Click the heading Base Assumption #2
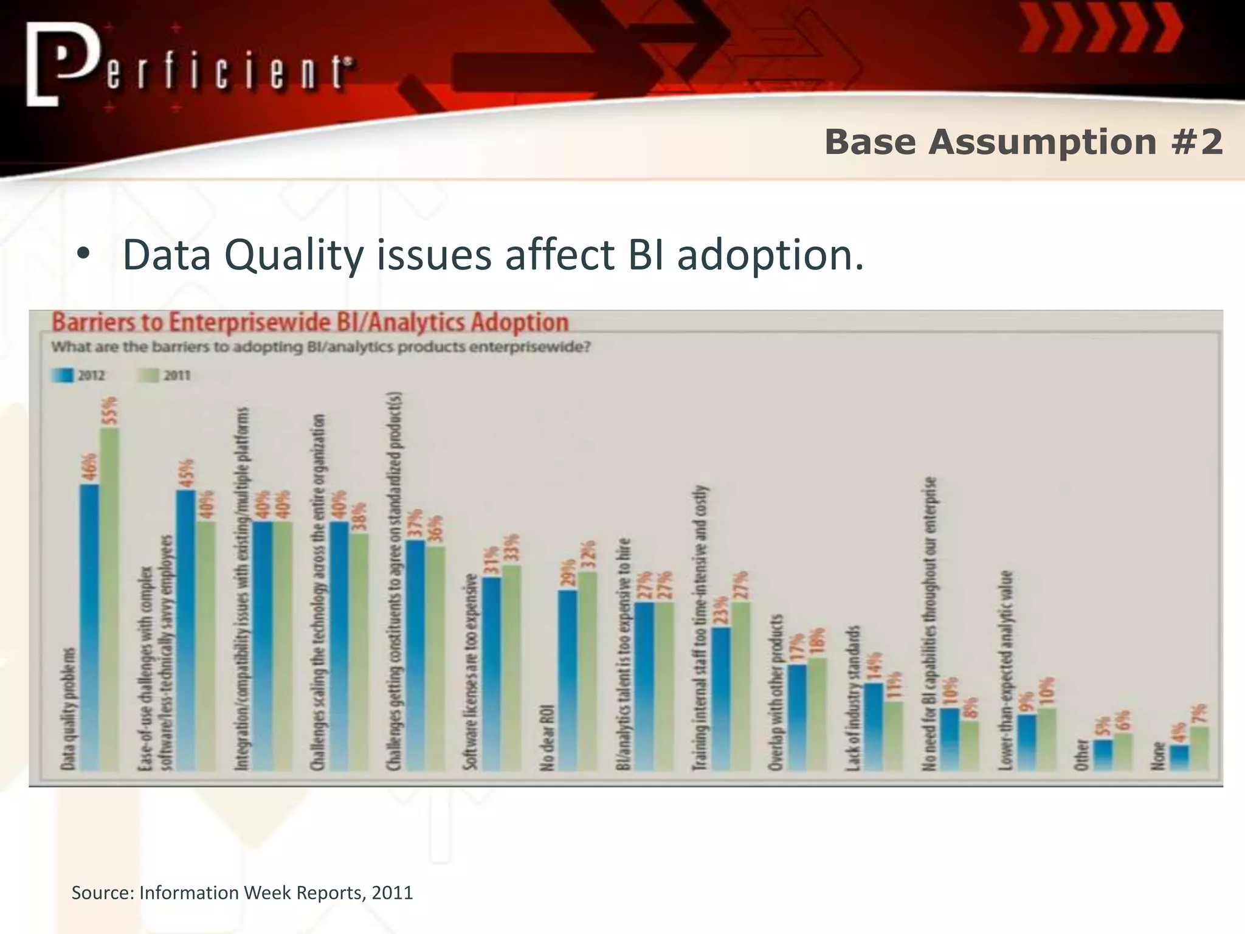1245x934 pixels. coord(1023,142)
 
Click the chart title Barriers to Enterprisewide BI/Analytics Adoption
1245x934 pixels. coord(310,322)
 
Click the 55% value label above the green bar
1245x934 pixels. coord(110,410)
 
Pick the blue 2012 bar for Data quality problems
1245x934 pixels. coord(89,626)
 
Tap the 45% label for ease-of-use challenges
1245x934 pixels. coord(187,473)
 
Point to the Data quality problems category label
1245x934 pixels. coord(69,708)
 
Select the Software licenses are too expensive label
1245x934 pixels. coord(469,672)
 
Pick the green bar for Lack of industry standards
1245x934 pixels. coord(892,736)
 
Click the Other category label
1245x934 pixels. coord(1081,755)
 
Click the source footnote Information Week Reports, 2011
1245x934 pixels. coord(242,893)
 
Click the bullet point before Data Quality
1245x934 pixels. coord(83,255)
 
